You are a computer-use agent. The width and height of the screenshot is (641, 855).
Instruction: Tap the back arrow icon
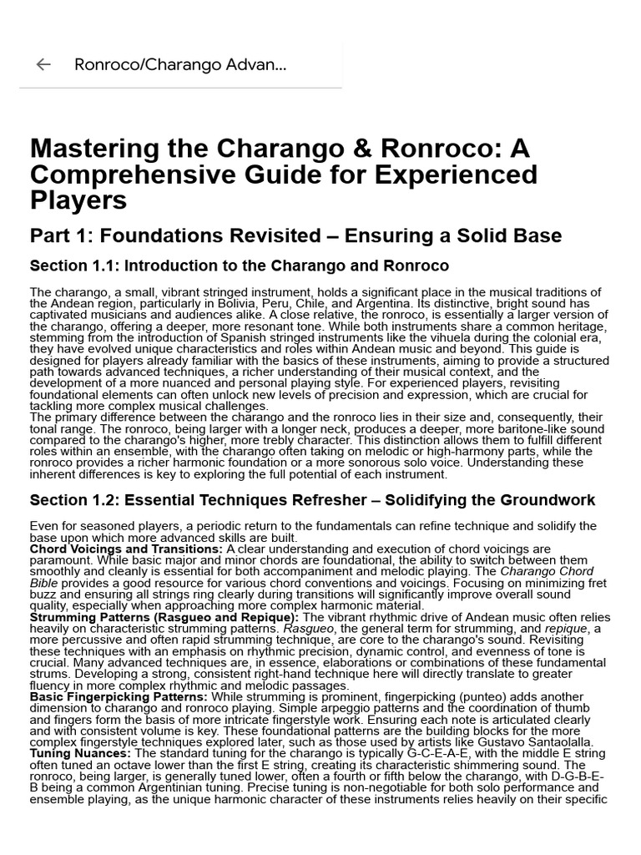pos(43,64)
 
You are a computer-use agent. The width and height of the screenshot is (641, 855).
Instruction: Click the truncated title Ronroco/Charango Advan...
pos(179,64)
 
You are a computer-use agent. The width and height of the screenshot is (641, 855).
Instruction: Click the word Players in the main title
pos(78,201)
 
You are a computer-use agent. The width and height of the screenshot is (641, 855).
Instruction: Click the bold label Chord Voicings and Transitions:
pos(125,549)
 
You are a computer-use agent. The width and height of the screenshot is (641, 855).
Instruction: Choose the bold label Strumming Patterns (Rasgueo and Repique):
pos(164,617)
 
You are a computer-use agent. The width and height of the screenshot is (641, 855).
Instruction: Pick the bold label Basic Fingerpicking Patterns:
pos(119,696)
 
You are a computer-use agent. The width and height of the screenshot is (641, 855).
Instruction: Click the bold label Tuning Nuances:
pos(80,753)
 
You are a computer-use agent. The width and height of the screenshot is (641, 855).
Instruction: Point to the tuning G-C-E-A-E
pos(426,753)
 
